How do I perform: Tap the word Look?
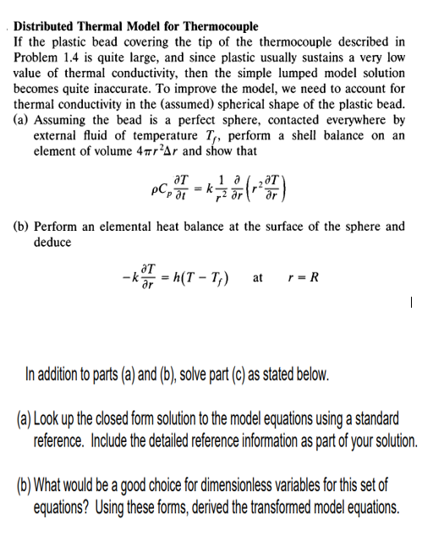point(50,420)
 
